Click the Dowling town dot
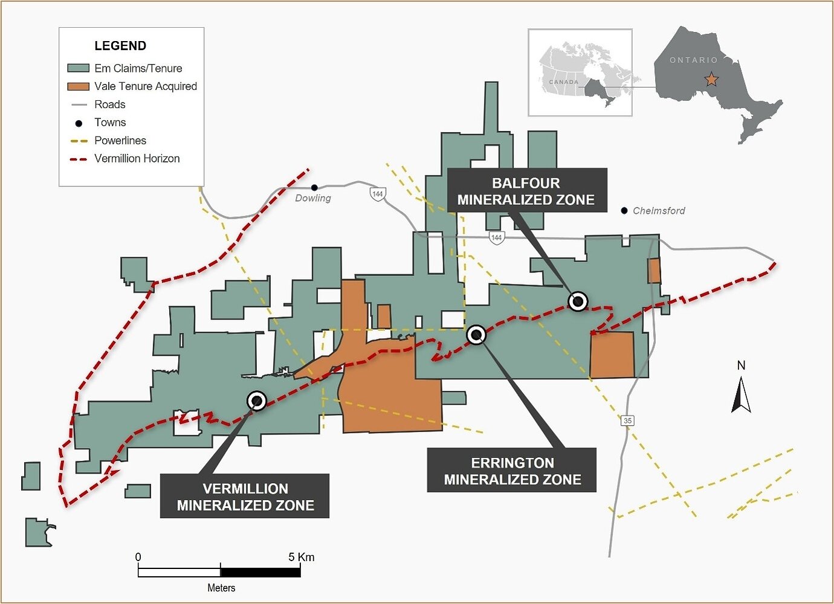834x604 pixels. click(315, 187)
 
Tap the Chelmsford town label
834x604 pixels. click(659, 211)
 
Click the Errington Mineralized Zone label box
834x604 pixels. click(512, 470)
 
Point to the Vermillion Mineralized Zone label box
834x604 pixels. click(245, 496)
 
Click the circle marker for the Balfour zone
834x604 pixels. click(578, 301)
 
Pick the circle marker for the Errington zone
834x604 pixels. click(477, 335)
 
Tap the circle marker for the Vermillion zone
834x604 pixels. click(257, 401)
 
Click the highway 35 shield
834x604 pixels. click(628, 420)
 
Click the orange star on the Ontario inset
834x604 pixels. click(711, 79)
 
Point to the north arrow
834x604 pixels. click(741, 394)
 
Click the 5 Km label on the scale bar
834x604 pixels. click(301, 557)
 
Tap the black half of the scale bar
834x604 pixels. click(260, 573)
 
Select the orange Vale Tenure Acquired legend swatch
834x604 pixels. click(78, 86)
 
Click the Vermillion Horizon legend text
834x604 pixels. click(137, 158)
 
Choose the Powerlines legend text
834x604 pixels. click(120, 141)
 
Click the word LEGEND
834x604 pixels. click(120, 46)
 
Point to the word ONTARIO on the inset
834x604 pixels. click(694, 60)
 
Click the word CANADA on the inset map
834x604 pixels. click(564, 82)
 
